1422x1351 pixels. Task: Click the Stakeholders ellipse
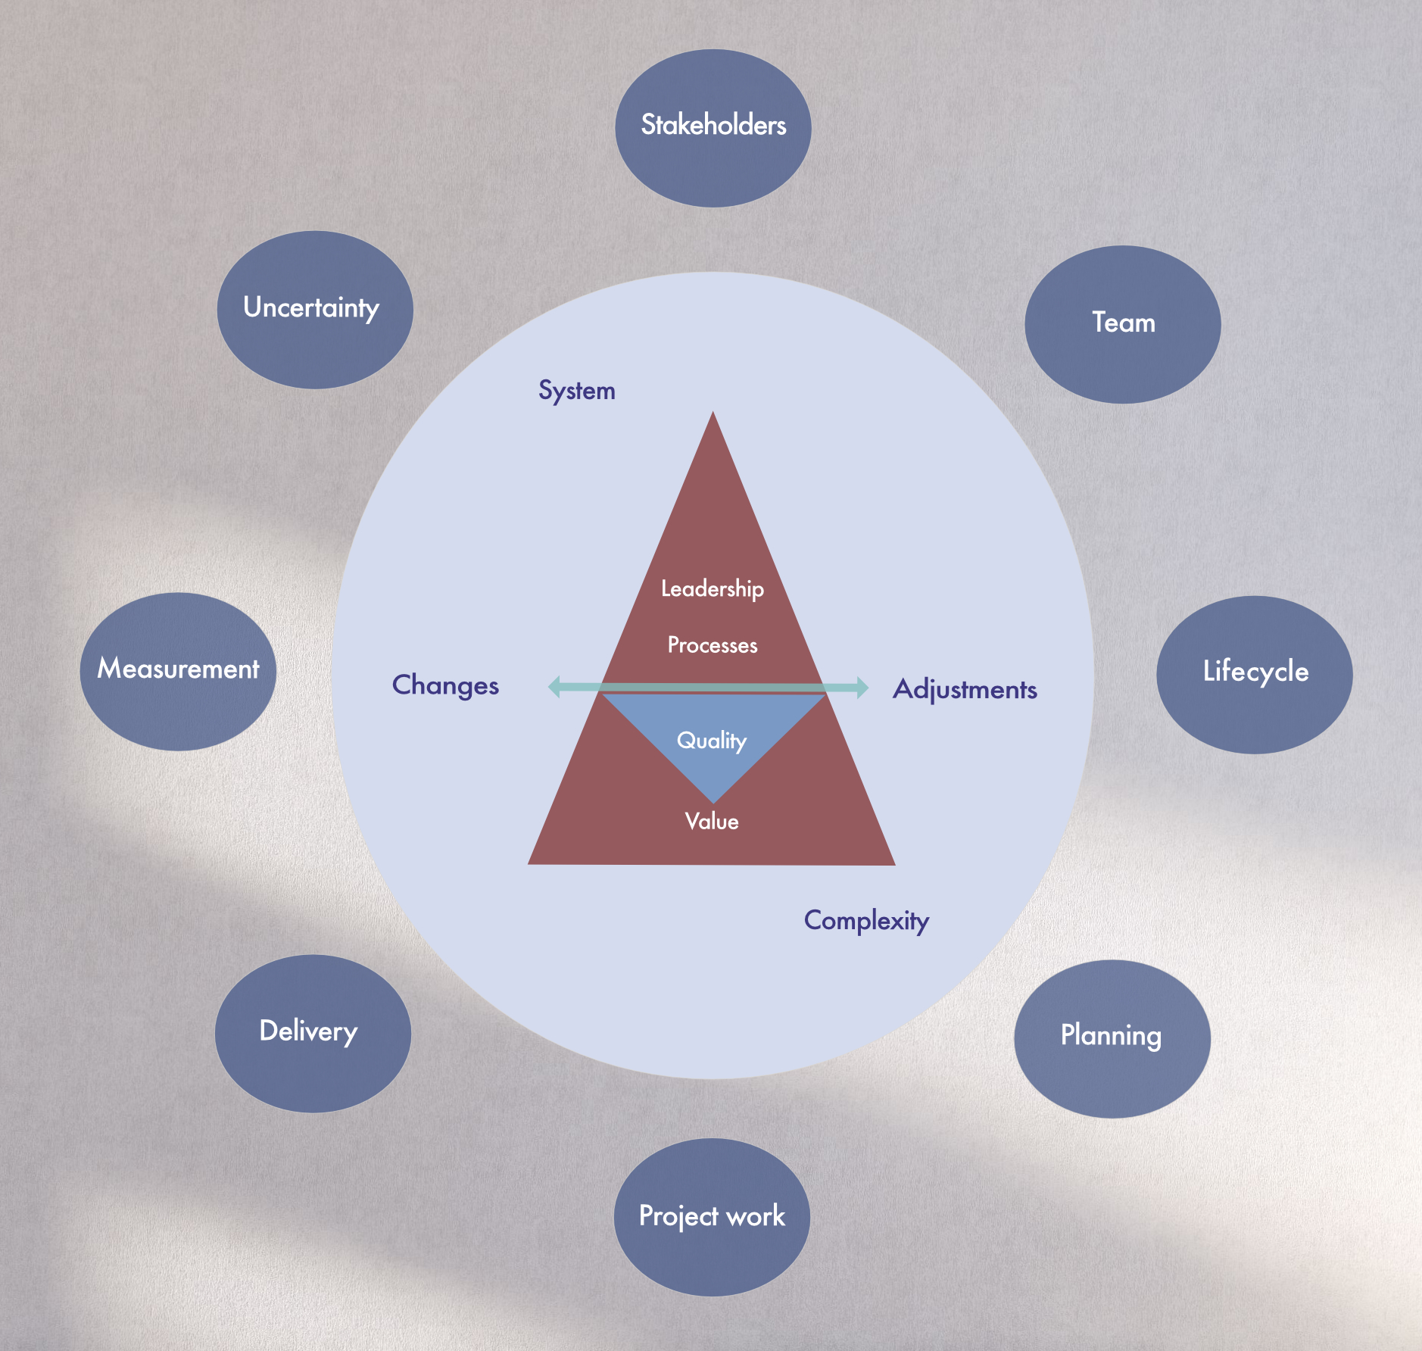click(713, 128)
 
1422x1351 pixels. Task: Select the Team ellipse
click(1122, 324)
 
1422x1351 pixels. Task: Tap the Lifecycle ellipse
click(1254, 674)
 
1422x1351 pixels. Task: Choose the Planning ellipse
click(1112, 1038)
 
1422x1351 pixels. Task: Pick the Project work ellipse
click(711, 1217)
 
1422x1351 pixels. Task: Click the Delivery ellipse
click(313, 1033)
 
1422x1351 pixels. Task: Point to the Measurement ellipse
click(178, 671)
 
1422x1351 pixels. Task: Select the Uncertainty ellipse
click(314, 310)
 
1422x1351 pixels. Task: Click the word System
click(576, 391)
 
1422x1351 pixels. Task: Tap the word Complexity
click(866, 920)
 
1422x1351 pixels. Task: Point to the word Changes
click(445, 685)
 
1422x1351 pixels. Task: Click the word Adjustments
click(965, 689)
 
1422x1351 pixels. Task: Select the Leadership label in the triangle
click(712, 588)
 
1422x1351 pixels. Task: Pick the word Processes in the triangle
click(712, 645)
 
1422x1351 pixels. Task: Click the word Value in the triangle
click(711, 821)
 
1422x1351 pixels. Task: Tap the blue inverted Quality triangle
click(712, 735)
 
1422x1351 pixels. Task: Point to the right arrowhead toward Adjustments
click(862, 688)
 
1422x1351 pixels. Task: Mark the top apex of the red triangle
click(713, 415)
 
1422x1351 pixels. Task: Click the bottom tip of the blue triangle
click(713, 800)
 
